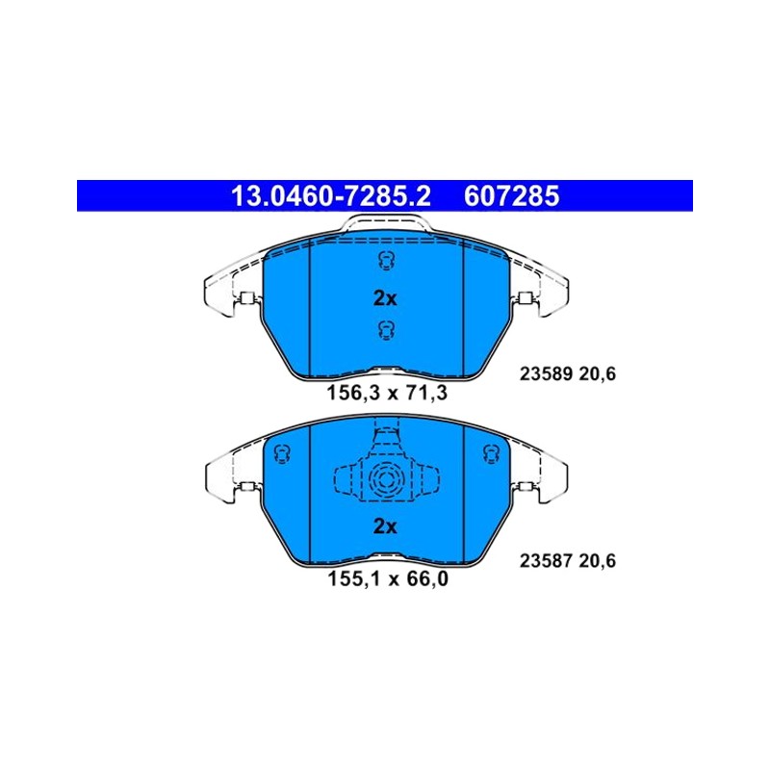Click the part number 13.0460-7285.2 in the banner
pyautogui.click(x=330, y=196)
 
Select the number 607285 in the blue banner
pyautogui.click(x=512, y=196)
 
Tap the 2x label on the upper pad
pyautogui.click(x=385, y=298)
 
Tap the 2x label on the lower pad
pyautogui.click(x=385, y=526)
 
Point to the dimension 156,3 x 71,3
pyautogui.click(x=387, y=393)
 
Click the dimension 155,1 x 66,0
pyautogui.click(x=388, y=579)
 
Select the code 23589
pyautogui.click(x=547, y=374)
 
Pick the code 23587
pyautogui.click(x=547, y=561)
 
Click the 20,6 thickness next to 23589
pyautogui.click(x=597, y=374)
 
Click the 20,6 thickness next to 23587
pyautogui.click(x=597, y=561)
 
